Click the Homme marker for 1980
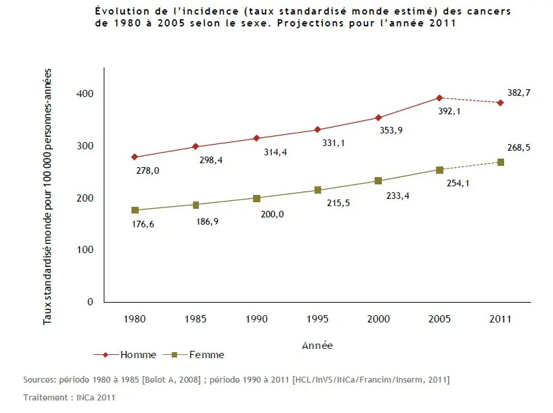pos(135,157)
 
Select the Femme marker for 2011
pos(501,162)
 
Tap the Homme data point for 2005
pos(439,98)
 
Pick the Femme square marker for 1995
pos(318,190)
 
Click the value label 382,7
pos(519,93)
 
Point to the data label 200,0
pos(271,213)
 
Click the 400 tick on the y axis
pos(85,94)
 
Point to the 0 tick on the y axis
pos(90,302)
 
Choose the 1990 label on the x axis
pos(256,319)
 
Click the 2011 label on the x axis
pos(501,319)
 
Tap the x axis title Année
pos(317,345)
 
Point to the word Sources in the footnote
pos(40,380)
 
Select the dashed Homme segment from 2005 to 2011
pos(470,100)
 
